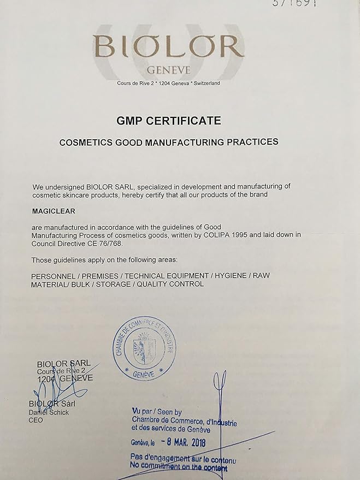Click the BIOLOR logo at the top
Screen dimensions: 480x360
[168, 46]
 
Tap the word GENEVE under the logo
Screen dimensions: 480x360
[168, 71]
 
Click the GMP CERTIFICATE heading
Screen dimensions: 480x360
[168, 121]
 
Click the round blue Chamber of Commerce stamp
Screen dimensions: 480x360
[145, 348]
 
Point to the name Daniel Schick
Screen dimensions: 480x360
[49, 412]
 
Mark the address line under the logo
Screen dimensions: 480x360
[168, 83]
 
